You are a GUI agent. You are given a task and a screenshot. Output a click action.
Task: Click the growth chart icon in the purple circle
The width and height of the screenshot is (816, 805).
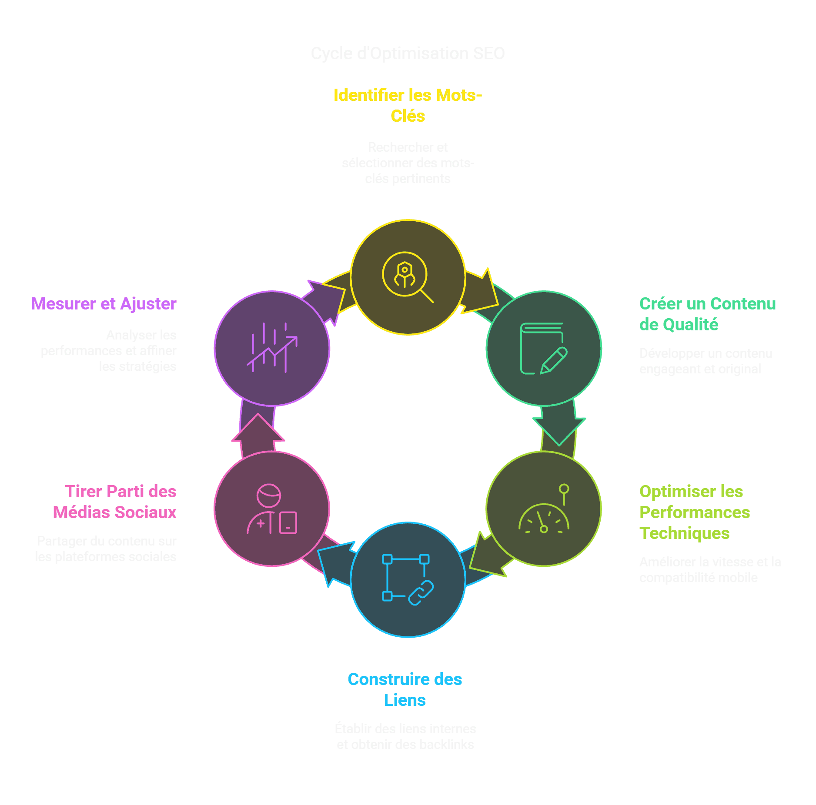pyautogui.click(x=272, y=348)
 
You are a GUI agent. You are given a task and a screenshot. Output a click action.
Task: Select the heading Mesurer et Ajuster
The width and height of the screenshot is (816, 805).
pyautogui.click(x=104, y=304)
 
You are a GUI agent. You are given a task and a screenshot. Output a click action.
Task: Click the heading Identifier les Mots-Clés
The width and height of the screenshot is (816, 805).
pyautogui.click(x=408, y=106)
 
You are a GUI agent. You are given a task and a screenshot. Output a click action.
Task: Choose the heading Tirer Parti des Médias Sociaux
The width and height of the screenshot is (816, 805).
pyautogui.click(x=115, y=502)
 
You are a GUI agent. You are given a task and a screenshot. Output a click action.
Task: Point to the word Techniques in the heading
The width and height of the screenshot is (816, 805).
pyautogui.click(x=684, y=533)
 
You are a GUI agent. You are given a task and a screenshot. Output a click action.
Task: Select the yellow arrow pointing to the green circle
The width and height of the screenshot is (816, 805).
pyautogui.click(x=481, y=291)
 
